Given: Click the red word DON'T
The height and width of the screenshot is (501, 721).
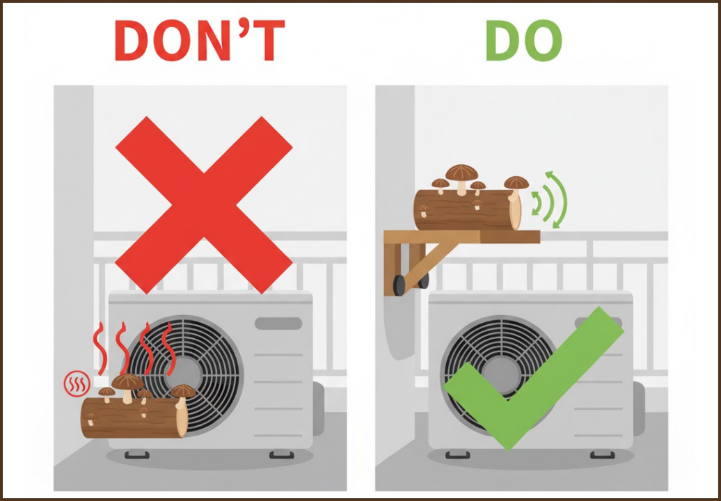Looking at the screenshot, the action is pyautogui.click(x=200, y=40).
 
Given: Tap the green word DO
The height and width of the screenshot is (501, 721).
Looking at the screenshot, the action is pyautogui.click(x=524, y=40).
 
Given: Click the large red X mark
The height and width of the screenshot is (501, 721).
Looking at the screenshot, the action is pyautogui.click(x=204, y=205).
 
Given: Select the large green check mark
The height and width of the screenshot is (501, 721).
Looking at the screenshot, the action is pyautogui.click(x=533, y=379).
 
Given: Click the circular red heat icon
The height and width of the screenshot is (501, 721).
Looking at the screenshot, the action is pyautogui.click(x=77, y=384).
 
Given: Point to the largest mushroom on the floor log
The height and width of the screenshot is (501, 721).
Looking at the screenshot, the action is pyautogui.click(x=127, y=386).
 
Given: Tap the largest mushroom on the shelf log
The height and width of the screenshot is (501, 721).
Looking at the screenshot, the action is pyautogui.click(x=461, y=177).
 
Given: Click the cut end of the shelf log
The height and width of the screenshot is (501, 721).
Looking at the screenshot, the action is pyautogui.click(x=516, y=211).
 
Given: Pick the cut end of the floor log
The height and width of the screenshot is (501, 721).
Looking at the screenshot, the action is pyautogui.click(x=182, y=417).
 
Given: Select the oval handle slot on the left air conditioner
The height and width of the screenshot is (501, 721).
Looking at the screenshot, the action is pyautogui.click(x=278, y=323).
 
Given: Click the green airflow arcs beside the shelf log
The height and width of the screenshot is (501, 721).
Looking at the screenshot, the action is pyautogui.click(x=550, y=200).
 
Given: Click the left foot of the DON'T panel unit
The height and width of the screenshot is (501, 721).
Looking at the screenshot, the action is pyautogui.click(x=136, y=454).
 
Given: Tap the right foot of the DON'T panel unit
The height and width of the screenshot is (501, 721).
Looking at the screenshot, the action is pyautogui.click(x=281, y=454).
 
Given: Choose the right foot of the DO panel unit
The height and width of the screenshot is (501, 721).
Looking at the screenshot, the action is pyautogui.click(x=603, y=454).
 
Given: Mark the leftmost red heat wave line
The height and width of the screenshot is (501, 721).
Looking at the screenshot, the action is pyautogui.click(x=100, y=349).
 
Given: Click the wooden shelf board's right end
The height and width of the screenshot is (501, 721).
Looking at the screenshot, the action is pyautogui.click(x=539, y=237).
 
